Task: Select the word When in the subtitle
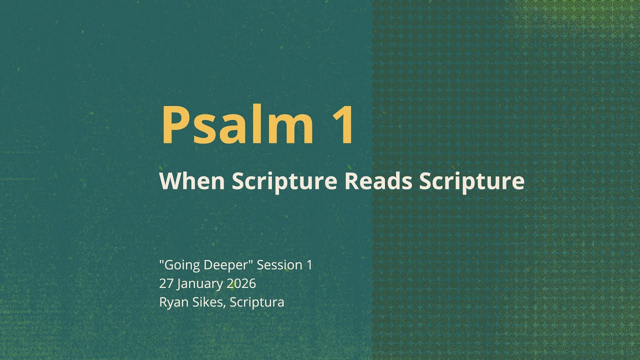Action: pos(192,180)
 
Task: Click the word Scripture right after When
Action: pos(284,181)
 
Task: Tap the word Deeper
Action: pos(223,265)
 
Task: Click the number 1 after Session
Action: pos(309,265)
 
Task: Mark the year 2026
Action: pos(241,283)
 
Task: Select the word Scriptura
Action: pos(257,302)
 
